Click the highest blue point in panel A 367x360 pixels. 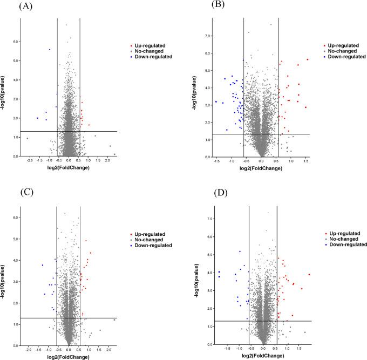click(50, 50)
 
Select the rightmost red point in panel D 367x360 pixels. click(309, 275)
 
